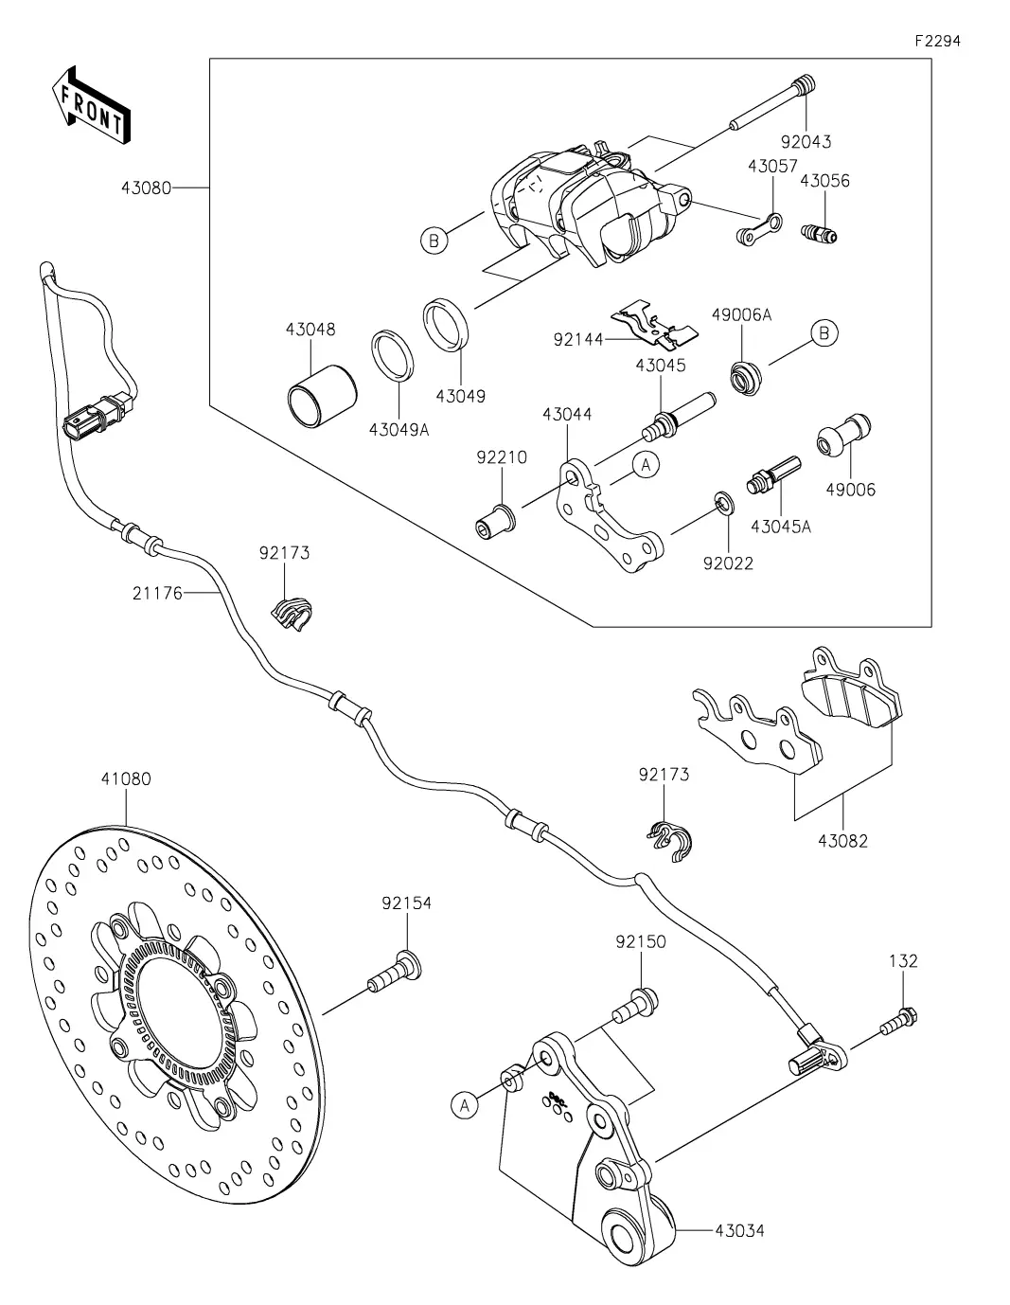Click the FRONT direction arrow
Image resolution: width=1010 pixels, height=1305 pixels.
(91, 104)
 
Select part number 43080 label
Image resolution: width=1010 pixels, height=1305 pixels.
(146, 188)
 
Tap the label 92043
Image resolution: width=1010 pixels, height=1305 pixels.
(806, 142)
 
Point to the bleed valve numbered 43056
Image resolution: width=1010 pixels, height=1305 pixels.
(820, 232)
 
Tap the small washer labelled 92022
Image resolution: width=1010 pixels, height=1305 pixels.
(720, 502)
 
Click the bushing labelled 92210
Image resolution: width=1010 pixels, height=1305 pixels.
(495, 520)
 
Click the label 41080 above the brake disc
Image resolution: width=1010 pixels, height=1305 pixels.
(125, 779)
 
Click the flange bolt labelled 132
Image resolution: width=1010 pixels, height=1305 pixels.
(899, 1021)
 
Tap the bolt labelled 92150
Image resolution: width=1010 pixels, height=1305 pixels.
(637, 1003)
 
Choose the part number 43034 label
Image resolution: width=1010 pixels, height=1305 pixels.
(739, 1230)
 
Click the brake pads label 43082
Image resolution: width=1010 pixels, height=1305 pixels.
(842, 840)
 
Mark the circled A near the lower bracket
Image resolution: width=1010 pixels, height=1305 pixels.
(465, 1104)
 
